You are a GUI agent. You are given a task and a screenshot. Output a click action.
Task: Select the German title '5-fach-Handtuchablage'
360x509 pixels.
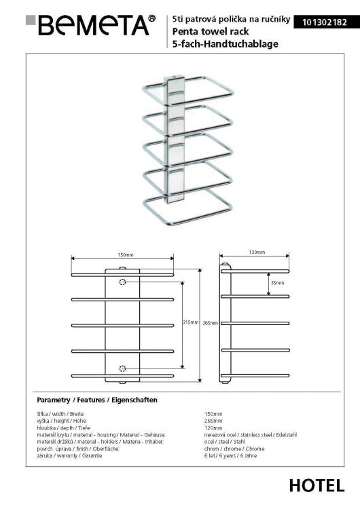(x=216, y=43)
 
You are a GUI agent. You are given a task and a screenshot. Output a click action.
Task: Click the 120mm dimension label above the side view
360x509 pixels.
(x=256, y=252)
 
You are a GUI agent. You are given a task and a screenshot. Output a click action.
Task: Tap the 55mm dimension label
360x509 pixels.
(x=278, y=282)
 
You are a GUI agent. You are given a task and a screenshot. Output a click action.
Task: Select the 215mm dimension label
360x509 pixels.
(x=190, y=322)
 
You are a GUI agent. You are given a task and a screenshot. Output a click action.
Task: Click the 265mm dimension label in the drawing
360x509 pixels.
(x=210, y=323)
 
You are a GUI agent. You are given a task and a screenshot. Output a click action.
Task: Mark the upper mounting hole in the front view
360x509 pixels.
(x=122, y=282)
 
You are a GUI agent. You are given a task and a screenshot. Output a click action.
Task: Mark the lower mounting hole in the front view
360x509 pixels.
(x=122, y=369)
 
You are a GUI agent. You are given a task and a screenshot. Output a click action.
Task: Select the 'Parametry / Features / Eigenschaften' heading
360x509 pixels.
(x=97, y=400)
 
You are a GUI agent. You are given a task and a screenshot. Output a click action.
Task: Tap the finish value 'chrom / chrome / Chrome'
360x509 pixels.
(x=234, y=449)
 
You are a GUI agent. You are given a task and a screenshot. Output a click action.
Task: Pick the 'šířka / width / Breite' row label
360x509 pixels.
(x=61, y=413)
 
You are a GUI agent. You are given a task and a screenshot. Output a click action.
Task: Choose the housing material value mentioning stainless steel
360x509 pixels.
(x=251, y=434)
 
